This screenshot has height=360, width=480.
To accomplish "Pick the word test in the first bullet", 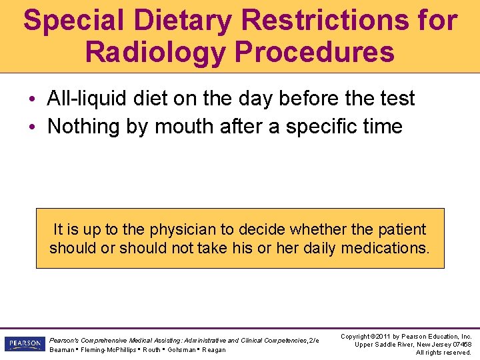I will pyautogui.click(x=397, y=99).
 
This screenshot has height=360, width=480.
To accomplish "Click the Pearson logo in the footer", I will pyautogui.click(x=23, y=344).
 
